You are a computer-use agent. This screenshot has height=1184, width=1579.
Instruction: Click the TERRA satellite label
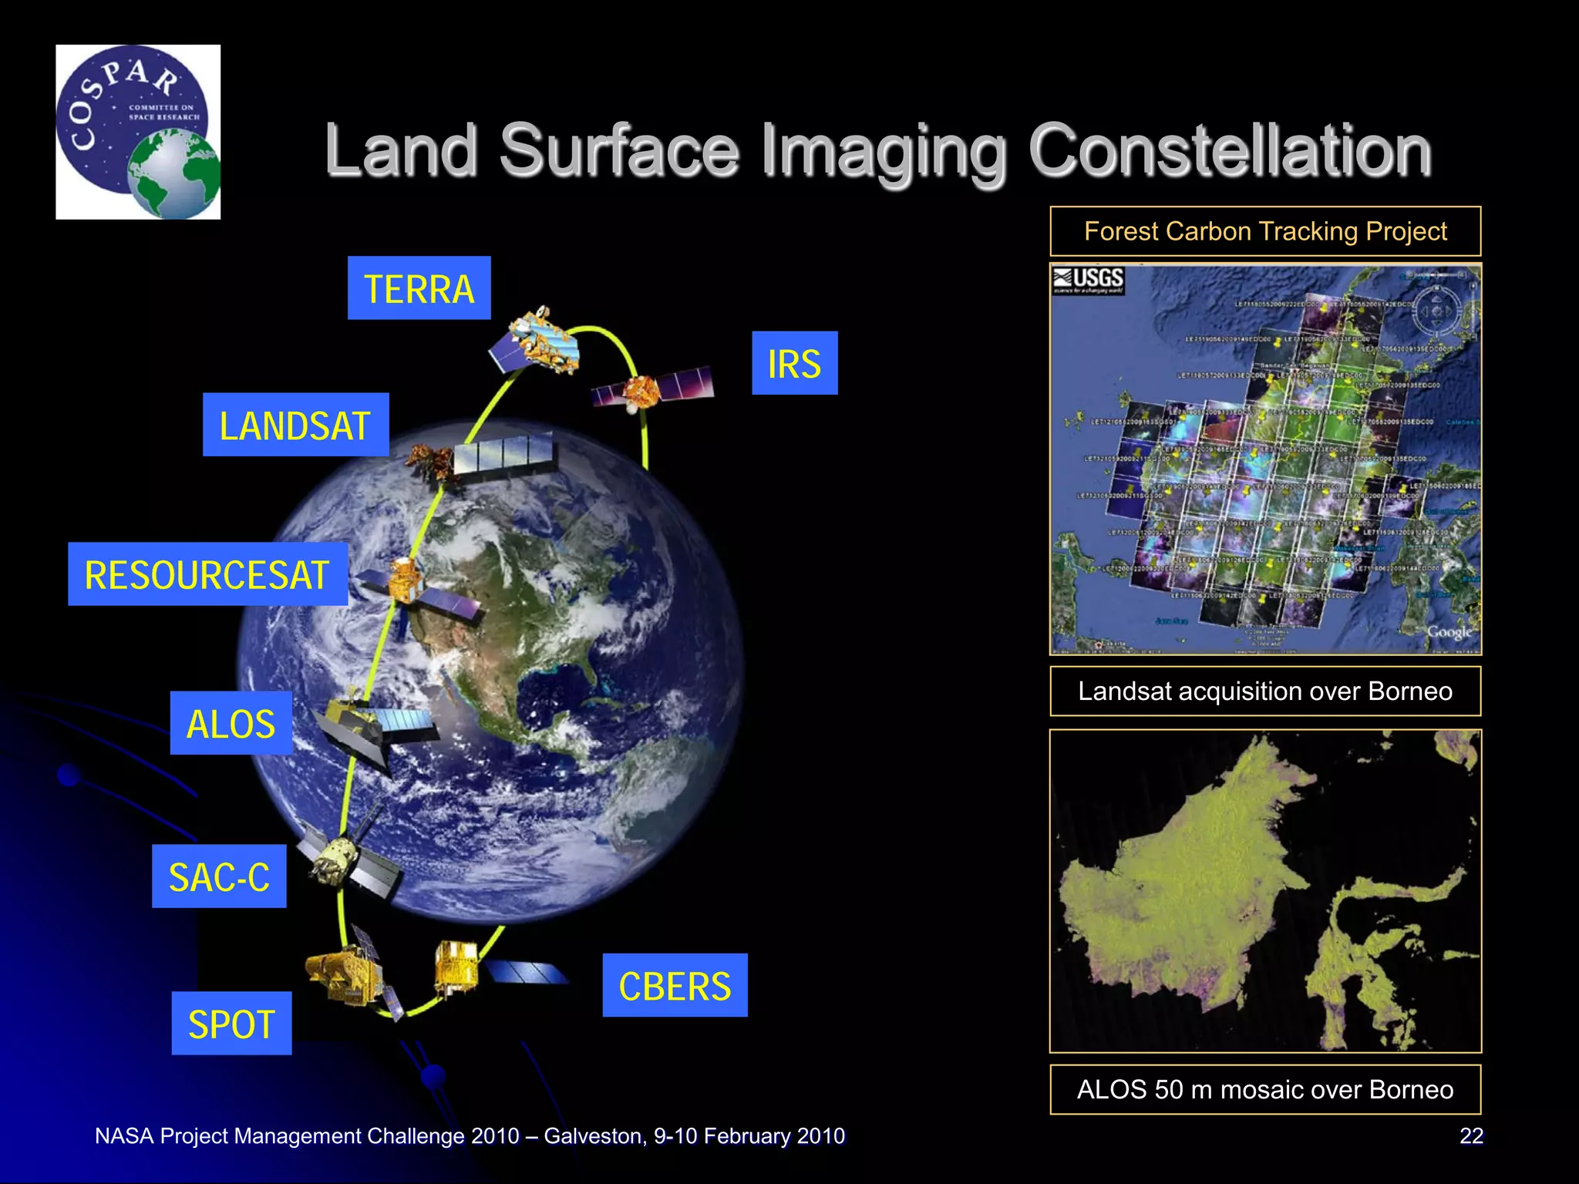419,288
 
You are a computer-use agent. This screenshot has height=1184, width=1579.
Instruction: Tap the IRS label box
794,363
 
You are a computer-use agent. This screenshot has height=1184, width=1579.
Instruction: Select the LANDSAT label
295,425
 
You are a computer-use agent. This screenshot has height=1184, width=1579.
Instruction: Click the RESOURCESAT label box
207,574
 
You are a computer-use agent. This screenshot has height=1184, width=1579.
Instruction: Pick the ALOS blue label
231,723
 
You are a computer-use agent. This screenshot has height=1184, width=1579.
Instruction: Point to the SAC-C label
219,876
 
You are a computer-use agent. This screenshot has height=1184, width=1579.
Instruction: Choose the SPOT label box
231,1024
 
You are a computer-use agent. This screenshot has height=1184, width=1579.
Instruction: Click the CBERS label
675,986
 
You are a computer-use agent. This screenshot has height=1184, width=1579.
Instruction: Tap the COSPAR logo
138,132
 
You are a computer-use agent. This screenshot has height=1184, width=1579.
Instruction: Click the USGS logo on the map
1089,280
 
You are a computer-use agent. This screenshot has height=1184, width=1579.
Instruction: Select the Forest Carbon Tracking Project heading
1265,231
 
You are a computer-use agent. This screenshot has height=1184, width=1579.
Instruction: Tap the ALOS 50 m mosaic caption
1265,1089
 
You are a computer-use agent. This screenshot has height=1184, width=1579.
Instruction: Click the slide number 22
1471,1136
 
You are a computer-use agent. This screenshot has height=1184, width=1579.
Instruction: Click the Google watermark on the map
1449,632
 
